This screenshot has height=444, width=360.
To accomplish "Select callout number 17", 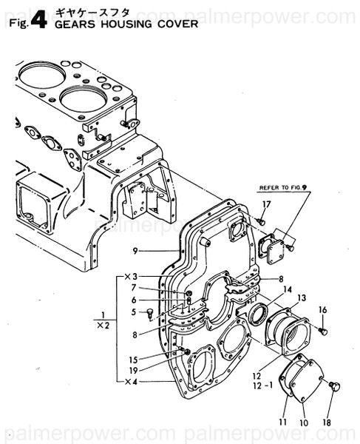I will [x=267, y=204].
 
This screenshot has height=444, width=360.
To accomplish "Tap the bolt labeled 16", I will [x=324, y=328].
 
